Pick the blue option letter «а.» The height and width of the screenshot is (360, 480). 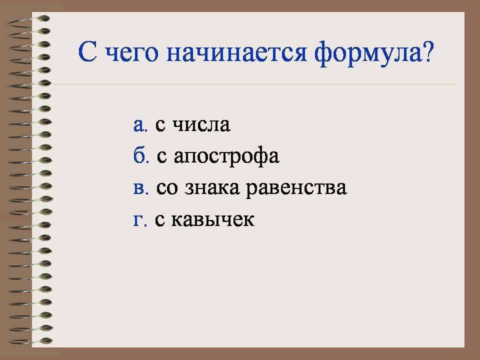click(140, 125)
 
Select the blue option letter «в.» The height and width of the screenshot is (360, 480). click(141, 188)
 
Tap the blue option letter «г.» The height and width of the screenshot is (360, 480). click(140, 220)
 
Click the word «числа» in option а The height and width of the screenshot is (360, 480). click(201, 125)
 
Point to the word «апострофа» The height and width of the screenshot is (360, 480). click(226, 157)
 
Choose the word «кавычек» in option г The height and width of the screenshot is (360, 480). click(212, 220)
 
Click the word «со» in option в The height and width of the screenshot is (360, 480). click(167, 188)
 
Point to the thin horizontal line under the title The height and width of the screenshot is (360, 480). click(254, 83)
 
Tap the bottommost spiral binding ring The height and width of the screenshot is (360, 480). click(30, 341)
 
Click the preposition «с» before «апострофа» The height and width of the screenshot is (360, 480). click(162, 156)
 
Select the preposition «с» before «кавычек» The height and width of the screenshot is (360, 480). click(159, 220)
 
